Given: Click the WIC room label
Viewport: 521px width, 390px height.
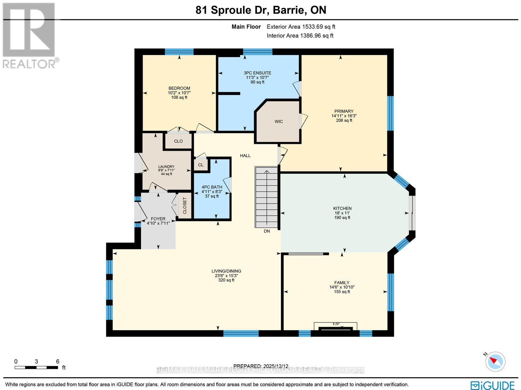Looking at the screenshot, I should (x=278, y=121).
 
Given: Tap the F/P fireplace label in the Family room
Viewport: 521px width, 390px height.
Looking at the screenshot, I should (x=336, y=324).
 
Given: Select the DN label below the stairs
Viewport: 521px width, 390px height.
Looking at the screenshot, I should (x=267, y=231).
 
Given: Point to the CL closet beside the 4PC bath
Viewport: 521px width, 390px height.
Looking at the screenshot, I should (x=201, y=165).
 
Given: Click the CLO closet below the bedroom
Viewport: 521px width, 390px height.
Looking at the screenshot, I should (x=178, y=141).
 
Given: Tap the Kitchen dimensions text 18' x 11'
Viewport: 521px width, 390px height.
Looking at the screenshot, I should (x=342, y=213).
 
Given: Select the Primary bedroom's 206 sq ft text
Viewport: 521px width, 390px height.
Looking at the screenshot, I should (x=344, y=120).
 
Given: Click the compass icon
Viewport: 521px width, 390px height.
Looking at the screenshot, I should (x=496, y=361).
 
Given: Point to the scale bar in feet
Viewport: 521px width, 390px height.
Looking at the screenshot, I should (x=36, y=367).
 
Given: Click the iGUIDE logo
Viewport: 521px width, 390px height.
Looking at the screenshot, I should (x=493, y=385).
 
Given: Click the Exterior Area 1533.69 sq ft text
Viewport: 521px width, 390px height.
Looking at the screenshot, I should (x=301, y=27).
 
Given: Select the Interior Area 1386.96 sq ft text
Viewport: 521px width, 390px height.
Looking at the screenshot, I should (x=300, y=36).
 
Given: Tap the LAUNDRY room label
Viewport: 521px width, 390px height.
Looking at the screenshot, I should (x=166, y=167).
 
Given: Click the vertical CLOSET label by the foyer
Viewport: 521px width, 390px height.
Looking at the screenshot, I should (x=185, y=206).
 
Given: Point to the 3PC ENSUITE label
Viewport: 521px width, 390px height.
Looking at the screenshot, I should (x=257, y=73).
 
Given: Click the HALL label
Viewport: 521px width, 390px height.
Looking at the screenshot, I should (x=245, y=156).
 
